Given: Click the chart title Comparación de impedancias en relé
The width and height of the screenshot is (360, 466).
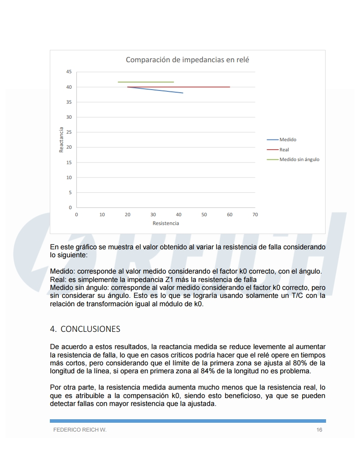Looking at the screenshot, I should pyautogui.click(x=187, y=60).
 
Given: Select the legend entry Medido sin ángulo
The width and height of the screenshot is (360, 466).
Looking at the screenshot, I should pyautogui.click(x=299, y=159).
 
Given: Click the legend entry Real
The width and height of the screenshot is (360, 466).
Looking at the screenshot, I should pyautogui.click(x=284, y=150).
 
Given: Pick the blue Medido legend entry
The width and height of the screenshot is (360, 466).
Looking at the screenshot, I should pyautogui.click(x=288, y=139).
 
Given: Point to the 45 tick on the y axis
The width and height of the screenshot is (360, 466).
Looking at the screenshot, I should pyautogui.click(x=69, y=72).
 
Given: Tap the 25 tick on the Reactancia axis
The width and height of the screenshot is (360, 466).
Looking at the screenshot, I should pyautogui.click(x=69, y=132).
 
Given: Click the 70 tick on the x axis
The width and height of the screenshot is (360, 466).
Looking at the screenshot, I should pyautogui.click(x=255, y=214).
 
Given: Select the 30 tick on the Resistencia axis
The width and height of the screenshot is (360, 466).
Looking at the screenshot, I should pyautogui.click(x=153, y=214).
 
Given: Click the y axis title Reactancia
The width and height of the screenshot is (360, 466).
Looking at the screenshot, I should pyautogui.click(x=61, y=140).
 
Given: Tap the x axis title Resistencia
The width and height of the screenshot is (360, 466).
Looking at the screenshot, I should pyautogui.click(x=166, y=223).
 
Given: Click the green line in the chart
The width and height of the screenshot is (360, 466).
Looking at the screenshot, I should pyautogui.click(x=146, y=82).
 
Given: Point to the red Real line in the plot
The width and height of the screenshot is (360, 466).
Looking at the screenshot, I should pyautogui.click(x=207, y=87).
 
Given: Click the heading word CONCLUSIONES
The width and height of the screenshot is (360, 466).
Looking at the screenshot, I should pyautogui.click(x=90, y=329).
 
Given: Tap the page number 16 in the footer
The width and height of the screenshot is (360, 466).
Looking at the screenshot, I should pyautogui.click(x=319, y=430).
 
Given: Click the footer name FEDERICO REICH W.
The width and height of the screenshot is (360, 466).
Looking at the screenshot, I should pyautogui.click(x=80, y=430).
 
